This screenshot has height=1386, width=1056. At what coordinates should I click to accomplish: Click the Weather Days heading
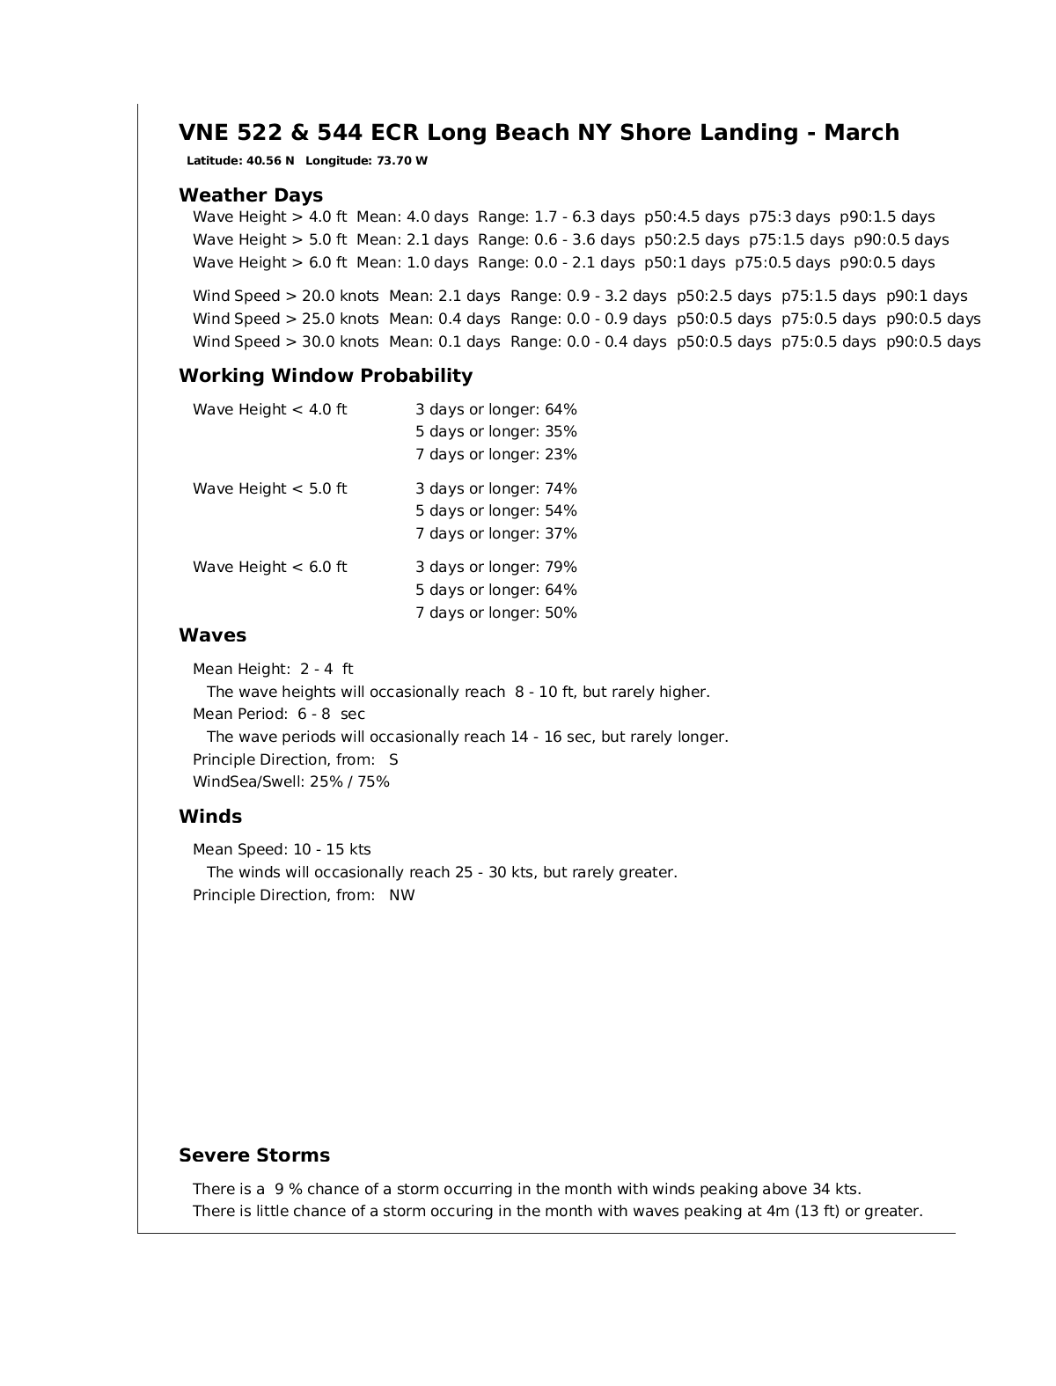[251, 195]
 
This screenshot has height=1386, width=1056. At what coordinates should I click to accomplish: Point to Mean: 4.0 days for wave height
[413, 216]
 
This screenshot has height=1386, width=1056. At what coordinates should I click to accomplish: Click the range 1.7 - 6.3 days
[556, 216]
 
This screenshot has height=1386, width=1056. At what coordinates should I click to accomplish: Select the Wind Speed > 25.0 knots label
[286, 319]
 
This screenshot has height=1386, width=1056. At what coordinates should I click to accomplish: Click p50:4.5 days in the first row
[692, 216]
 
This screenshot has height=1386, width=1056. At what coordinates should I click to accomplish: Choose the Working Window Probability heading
[326, 376]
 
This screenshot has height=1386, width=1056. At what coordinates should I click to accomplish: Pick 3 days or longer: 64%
[496, 409]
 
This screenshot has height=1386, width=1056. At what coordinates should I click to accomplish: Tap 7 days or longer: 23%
[496, 454]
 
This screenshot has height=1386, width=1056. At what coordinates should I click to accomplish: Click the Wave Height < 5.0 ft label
[270, 488]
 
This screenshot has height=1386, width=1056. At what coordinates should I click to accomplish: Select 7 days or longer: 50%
[496, 612]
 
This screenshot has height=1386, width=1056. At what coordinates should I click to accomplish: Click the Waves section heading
[212, 635]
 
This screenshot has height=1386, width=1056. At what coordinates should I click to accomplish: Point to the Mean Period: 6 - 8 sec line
[279, 714]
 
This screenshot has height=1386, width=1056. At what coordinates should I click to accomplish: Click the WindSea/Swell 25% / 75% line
[291, 781]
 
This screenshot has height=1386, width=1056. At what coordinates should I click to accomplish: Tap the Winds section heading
[210, 817]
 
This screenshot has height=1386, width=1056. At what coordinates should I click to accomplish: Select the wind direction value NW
[402, 895]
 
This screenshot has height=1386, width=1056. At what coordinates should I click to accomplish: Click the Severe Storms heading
[254, 1155]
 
